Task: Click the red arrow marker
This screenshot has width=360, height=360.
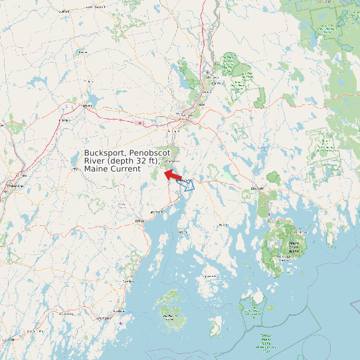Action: [173, 175]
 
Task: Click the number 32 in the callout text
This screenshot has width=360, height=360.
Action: [137, 161]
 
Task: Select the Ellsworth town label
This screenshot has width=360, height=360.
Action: [256, 189]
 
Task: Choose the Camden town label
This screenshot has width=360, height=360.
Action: [128, 282]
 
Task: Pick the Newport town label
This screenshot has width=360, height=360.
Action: [86, 105]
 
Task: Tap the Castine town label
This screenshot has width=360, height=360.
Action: [182, 232]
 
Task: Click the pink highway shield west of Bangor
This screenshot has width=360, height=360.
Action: [139, 123]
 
